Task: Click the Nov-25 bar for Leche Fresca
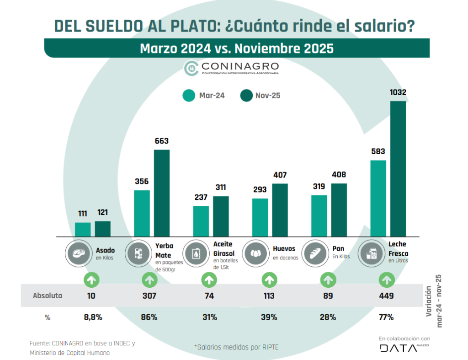(398, 169)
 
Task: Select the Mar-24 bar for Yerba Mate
(142, 213)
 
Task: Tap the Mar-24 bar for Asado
(83, 230)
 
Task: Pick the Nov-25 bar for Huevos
(280, 210)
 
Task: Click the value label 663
(161, 142)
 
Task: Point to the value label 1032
(398, 93)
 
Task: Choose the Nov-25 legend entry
(261, 96)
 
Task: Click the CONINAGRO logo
(231, 68)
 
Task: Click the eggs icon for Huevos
(257, 253)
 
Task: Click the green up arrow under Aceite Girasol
(209, 279)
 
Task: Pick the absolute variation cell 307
(149, 296)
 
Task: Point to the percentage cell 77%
(386, 317)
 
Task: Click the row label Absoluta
(48, 296)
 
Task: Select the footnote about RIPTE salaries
(236, 347)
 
